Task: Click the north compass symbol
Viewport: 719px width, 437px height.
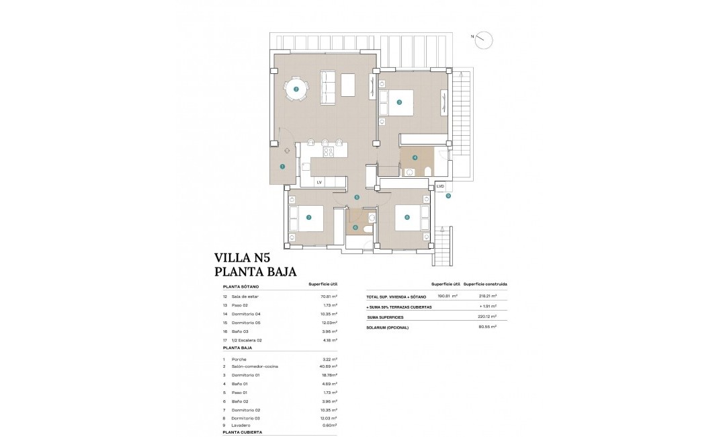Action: (x=483, y=40)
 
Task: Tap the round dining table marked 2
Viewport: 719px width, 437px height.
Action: (x=296, y=89)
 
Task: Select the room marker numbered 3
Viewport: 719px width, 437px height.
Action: (x=399, y=102)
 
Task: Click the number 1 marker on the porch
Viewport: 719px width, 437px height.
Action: (x=282, y=166)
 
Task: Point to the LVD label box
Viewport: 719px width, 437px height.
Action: (x=440, y=186)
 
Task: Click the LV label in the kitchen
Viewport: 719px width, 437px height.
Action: (x=319, y=182)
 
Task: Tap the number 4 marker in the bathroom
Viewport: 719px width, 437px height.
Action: (x=415, y=158)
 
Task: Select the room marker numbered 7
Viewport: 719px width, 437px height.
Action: (x=308, y=217)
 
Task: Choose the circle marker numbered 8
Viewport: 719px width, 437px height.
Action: (x=407, y=217)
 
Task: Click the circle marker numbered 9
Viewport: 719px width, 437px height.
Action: (x=448, y=196)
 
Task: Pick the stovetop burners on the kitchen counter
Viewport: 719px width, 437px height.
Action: (x=329, y=152)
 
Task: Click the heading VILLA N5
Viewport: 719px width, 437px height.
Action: (x=241, y=257)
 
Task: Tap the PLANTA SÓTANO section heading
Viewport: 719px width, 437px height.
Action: (x=241, y=286)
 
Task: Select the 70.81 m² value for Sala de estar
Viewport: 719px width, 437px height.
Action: (x=329, y=296)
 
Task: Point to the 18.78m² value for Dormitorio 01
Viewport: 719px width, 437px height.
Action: (x=329, y=375)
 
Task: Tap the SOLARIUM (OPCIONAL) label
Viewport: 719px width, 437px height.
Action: (x=388, y=327)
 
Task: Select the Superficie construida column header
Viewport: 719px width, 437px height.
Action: (x=485, y=284)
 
